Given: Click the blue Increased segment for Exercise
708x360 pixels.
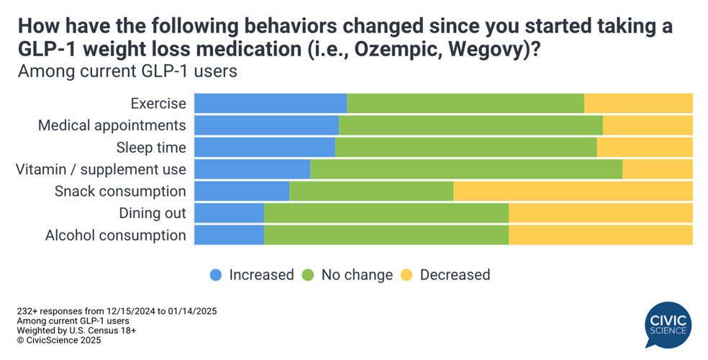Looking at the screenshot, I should (x=271, y=103).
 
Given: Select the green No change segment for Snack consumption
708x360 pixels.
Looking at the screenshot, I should (x=371, y=191).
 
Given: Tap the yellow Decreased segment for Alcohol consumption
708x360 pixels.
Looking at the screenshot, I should (x=600, y=235).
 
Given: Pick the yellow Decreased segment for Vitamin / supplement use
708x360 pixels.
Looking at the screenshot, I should (x=657, y=169).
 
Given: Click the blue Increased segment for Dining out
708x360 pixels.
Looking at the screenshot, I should (x=229, y=213).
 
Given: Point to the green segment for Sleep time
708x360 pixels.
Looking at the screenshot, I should (x=466, y=148).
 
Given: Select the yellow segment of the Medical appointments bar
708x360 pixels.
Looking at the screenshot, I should (x=647, y=125).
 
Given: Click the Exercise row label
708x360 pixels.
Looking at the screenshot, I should (x=158, y=104).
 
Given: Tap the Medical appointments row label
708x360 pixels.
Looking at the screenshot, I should (x=112, y=125).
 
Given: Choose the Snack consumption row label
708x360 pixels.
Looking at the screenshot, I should (x=120, y=191).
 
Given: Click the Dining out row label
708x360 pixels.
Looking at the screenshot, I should (x=153, y=213).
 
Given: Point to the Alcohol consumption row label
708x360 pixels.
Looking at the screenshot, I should (x=115, y=235).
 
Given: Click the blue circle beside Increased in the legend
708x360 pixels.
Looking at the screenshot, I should (x=216, y=274).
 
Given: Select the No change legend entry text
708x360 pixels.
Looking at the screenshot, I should (x=357, y=274).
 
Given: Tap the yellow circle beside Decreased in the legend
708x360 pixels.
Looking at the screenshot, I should (x=407, y=274).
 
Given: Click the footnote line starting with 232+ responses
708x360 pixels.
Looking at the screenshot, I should (x=117, y=311).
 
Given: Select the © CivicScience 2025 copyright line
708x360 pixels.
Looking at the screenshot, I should (x=59, y=340).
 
